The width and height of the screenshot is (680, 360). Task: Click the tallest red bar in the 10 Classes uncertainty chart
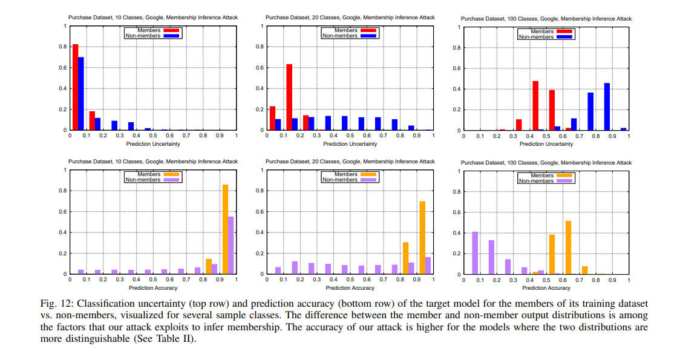coord(76,87)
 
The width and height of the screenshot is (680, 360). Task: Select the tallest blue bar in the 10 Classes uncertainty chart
coord(81,94)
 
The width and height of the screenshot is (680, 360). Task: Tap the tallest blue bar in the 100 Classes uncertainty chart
coord(607,106)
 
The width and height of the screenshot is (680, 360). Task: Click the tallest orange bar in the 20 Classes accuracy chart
coord(422,237)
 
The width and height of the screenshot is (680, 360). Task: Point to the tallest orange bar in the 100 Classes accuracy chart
coord(568,247)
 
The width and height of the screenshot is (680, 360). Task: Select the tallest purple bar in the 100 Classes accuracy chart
coord(475,253)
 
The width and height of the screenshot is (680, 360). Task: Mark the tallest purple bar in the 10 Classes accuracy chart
coord(231,245)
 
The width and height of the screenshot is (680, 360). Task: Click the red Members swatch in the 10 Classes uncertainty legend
coord(170,30)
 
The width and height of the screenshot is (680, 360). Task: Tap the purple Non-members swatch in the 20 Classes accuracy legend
coord(367,180)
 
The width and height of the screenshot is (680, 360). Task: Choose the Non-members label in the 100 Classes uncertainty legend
coord(536,37)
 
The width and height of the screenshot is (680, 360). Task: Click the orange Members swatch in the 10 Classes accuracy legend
coord(170,174)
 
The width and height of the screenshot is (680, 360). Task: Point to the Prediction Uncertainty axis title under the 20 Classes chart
coord(350,144)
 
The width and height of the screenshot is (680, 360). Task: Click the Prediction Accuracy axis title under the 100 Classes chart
coord(546,289)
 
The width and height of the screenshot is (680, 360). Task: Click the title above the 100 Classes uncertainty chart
coord(546,19)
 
